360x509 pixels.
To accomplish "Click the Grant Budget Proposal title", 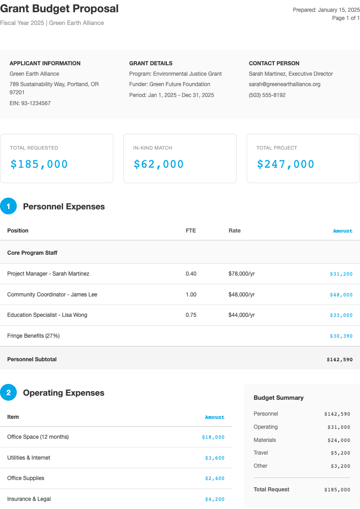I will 59,9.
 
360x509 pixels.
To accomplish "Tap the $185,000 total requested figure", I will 39,164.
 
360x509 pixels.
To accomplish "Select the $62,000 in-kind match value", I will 159,164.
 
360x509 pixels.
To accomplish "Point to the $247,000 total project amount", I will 286,164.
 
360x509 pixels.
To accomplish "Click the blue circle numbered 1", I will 8,206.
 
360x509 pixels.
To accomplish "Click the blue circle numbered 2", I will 8,393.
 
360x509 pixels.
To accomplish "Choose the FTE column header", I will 191,231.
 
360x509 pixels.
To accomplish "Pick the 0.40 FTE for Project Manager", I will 191,274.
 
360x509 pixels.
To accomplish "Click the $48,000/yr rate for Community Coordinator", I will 242,295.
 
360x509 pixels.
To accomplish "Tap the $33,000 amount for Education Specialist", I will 341,315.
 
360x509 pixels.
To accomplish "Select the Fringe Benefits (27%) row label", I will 34,336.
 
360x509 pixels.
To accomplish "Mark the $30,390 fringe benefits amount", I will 341,336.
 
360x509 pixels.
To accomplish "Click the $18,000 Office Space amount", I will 213,437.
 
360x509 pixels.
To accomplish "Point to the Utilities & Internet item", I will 29,458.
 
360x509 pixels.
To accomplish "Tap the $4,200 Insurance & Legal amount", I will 214,499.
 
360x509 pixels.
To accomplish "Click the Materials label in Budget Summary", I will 265,440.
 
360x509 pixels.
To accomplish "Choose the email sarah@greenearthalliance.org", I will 285,84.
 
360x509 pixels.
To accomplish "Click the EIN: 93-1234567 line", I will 30,103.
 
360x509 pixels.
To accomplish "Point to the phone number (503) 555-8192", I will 267,95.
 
